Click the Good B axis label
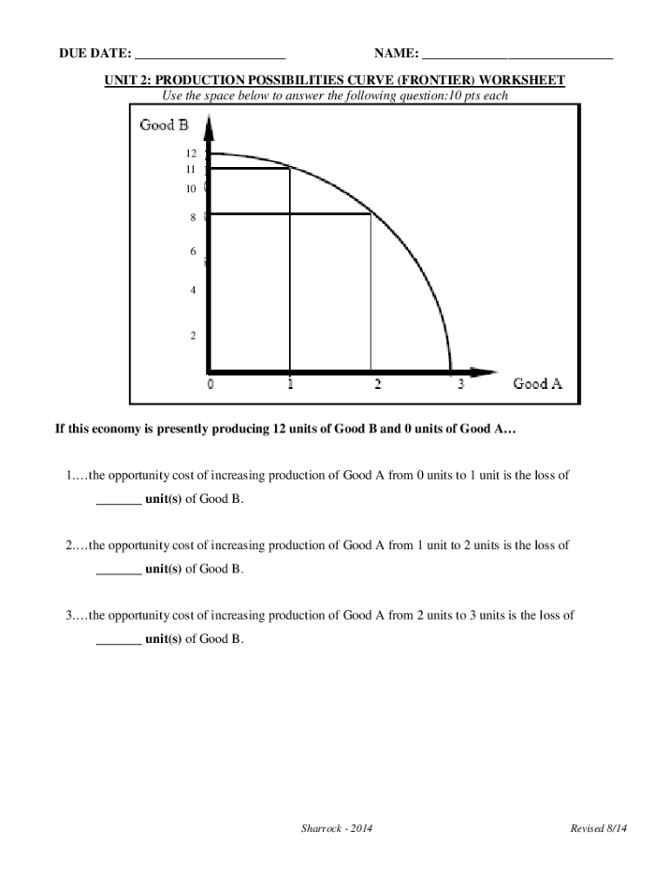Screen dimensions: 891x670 coord(164,124)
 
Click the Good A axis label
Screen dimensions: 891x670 coord(537,383)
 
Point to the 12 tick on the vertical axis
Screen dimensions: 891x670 coord(191,153)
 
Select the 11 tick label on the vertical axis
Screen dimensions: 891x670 coord(191,170)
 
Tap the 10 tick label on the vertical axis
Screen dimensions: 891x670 coord(191,189)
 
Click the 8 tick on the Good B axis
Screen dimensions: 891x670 coord(193,218)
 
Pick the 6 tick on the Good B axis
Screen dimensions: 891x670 coord(193,251)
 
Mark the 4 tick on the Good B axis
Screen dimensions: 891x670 coord(193,291)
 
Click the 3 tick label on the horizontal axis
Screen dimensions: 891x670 coord(461,385)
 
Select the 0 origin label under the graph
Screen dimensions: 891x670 coord(210,385)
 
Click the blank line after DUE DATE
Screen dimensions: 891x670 coord(210,57)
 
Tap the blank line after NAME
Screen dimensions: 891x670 coord(517,57)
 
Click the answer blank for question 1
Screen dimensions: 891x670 coord(118,502)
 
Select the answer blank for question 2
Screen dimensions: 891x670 coord(118,571)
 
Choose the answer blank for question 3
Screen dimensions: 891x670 coord(118,640)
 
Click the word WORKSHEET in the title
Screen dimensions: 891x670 coord(526,81)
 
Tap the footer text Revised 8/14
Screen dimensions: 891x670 coord(598,829)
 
